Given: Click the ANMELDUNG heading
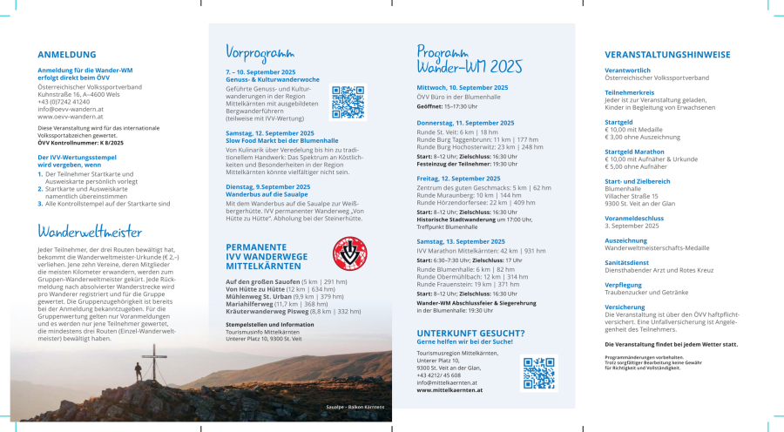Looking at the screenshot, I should (67, 54).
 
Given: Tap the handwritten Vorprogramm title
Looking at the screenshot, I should (260, 51).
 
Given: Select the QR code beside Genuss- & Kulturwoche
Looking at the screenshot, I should (348, 102).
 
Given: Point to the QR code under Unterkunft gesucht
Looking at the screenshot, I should (538, 373).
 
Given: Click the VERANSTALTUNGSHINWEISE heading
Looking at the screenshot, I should (667, 54).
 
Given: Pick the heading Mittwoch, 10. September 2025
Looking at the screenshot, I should (463, 88).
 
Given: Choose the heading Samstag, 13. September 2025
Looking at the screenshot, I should (461, 241).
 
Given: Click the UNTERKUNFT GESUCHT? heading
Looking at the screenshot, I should (470, 333).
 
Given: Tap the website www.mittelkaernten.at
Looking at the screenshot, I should (449, 390).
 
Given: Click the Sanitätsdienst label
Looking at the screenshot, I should (627, 262).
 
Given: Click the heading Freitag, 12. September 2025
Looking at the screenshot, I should (458, 179).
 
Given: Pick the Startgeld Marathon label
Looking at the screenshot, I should (635, 152).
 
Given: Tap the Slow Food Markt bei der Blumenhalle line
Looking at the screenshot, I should (282, 140).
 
